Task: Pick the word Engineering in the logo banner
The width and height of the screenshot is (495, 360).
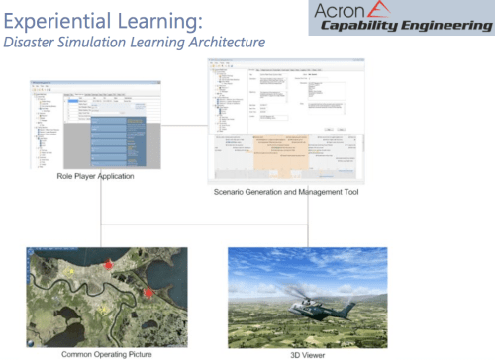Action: pos(442,28)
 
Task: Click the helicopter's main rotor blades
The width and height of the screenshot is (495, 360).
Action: pos(297,291)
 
